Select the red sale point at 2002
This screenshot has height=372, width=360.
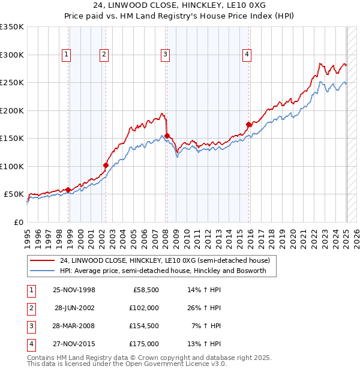[106, 165]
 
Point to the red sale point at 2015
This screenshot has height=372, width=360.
[248, 124]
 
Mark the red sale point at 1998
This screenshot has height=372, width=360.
[68, 190]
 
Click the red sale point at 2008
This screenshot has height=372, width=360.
[167, 136]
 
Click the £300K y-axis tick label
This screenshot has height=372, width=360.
[12, 55]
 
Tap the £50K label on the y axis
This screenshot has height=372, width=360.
[14, 194]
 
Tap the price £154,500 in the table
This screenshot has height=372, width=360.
[144, 326]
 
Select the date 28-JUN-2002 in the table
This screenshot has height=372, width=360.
[74, 308]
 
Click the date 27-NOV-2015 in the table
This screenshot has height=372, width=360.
[74, 344]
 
